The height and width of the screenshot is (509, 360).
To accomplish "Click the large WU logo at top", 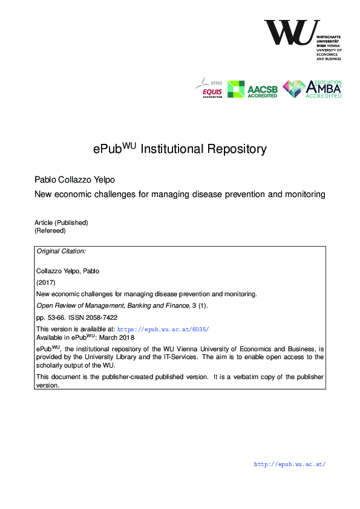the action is click(292, 33).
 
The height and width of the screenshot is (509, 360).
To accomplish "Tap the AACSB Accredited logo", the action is click(252, 89).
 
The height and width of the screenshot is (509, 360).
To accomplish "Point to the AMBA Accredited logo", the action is click(312, 89).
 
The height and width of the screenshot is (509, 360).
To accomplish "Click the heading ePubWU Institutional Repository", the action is click(180, 149).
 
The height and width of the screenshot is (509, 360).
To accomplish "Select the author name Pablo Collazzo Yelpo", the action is click(74, 180).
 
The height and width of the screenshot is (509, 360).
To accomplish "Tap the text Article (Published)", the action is click(61, 222).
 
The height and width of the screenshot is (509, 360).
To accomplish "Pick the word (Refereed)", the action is click(50, 230).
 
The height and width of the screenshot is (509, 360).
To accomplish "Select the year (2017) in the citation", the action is click(46, 282).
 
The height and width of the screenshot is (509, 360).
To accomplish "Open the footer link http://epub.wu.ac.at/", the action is click(290, 465).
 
